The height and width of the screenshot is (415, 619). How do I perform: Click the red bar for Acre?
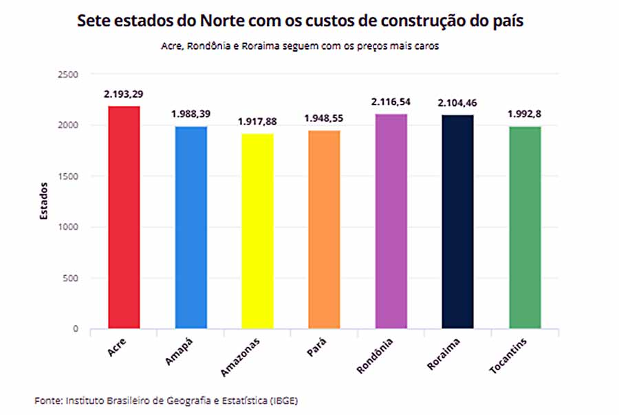pyautogui.click(x=124, y=217)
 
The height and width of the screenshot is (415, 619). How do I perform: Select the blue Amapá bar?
pyautogui.click(x=191, y=228)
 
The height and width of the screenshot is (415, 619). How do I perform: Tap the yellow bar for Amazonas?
pyautogui.click(x=257, y=231)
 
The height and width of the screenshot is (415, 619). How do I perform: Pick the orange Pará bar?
pyautogui.click(x=324, y=230)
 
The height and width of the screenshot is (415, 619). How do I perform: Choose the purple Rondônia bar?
pyautogui.click(x=391, y=221)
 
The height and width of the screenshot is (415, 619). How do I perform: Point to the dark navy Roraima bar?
pyautogui.click(x=457, y=222)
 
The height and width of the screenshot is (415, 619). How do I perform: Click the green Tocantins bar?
pyautogui.click(x=525, y=228)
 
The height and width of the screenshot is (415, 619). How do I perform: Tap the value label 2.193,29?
pyautogui.click(x=124, y=94)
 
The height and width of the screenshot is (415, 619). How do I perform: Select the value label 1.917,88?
pyautogui.click(x=257, y=121)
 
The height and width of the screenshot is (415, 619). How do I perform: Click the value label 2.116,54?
pyautogui.click(x=391, y=102)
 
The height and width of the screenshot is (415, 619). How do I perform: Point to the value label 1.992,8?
pyautogui.click(x=525, y=114)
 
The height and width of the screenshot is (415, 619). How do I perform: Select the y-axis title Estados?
pyautogui.click(x=43, y=200)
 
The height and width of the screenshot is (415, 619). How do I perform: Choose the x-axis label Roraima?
pyautogui.click(x=443, y=354)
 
